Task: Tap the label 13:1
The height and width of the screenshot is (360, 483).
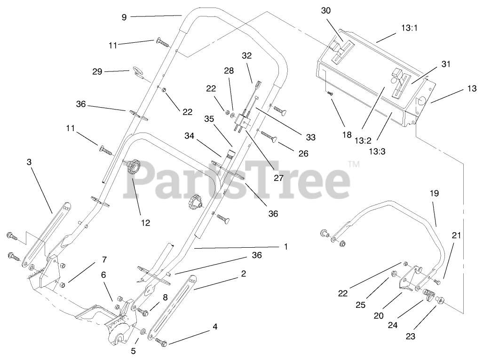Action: tap(410, 28)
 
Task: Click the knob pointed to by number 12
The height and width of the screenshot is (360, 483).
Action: tap(133, 167)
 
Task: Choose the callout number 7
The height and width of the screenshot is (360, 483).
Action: tap(104, 260)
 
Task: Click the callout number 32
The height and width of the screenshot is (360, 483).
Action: tap(247, 55)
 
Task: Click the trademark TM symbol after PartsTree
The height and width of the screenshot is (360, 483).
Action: tap(353, 164)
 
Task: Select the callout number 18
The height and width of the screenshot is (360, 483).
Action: tap(347, 135)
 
